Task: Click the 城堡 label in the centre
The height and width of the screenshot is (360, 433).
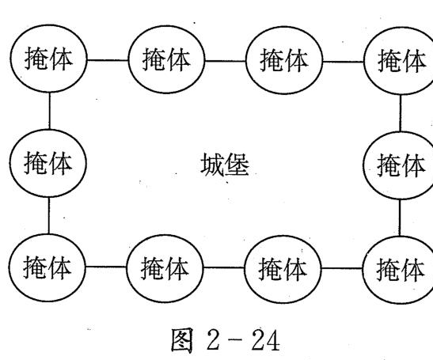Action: click(x=225, y=165)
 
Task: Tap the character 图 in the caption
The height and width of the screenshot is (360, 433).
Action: click(x=182, y=340)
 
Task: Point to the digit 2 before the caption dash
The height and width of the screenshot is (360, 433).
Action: click(x=213, y=340)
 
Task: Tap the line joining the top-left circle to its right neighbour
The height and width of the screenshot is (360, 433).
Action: click(x=108, y=59)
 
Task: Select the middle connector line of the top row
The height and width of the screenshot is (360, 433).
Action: click(x=226, y=61)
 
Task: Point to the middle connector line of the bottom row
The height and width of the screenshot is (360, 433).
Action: click(x=224, y=267)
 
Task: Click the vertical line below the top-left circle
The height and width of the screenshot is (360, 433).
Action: click(x=49, y=111)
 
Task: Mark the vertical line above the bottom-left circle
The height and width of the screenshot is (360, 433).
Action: click(x=49, y=215)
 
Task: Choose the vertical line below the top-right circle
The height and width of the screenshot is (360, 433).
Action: click(x=401, y=113)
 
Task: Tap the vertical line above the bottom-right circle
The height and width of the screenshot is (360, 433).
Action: click(x=400, y=218)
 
